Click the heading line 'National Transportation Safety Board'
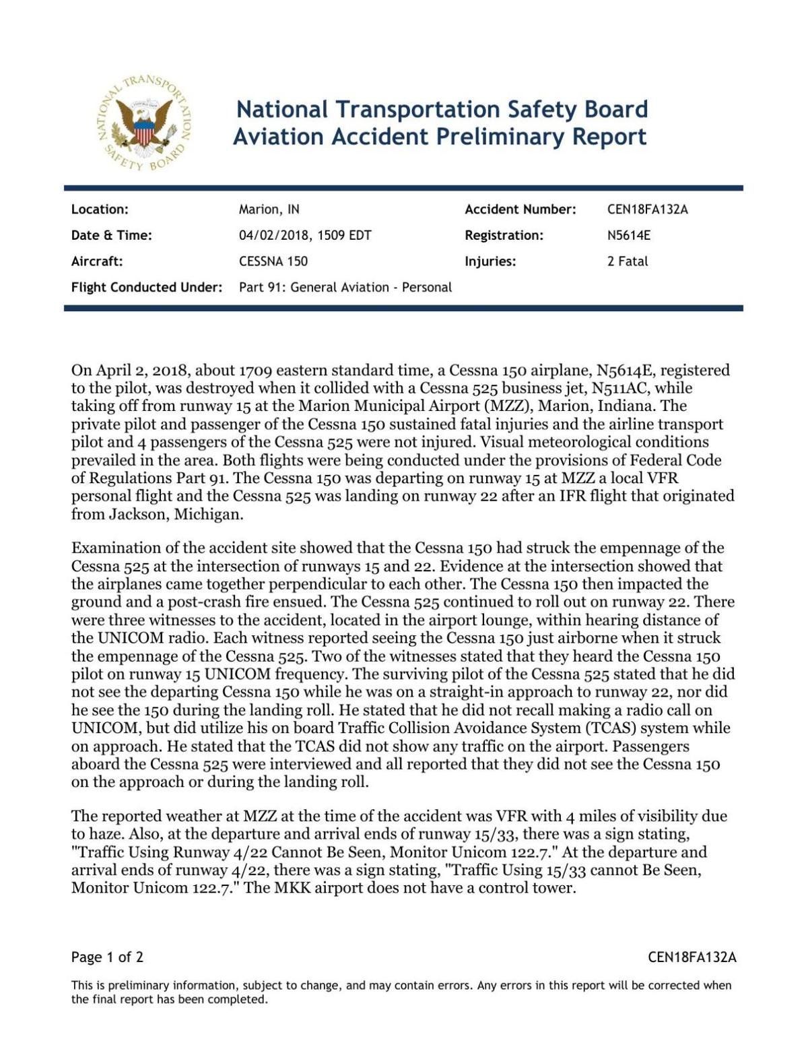tap(442, 109)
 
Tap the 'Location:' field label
tap(100, 210)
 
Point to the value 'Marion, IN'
tap(269, 210)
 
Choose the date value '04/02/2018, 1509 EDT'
tap(305, 235)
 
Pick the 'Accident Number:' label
tap(520, 210)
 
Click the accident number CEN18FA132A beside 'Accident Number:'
tap(647, 210)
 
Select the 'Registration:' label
tap(504, 235)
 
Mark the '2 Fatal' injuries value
tap(627, 261)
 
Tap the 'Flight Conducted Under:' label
tap(147, 288)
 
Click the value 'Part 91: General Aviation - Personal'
tap(345, 288)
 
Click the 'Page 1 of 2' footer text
tap(107, 957)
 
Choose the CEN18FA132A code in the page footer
tap(692, 957)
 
